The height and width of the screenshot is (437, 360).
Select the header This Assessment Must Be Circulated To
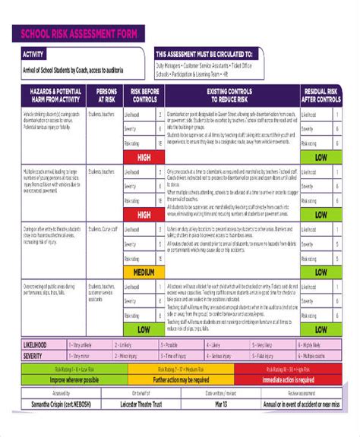click(204, 55)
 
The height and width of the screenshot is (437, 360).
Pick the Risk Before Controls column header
click(144, 94)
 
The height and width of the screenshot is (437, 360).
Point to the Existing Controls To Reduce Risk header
click(229, 94)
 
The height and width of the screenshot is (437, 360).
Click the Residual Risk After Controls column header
click(321, 94)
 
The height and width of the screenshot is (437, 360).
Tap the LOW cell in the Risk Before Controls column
click(144, 330)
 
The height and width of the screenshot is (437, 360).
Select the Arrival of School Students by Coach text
click(74, 70)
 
